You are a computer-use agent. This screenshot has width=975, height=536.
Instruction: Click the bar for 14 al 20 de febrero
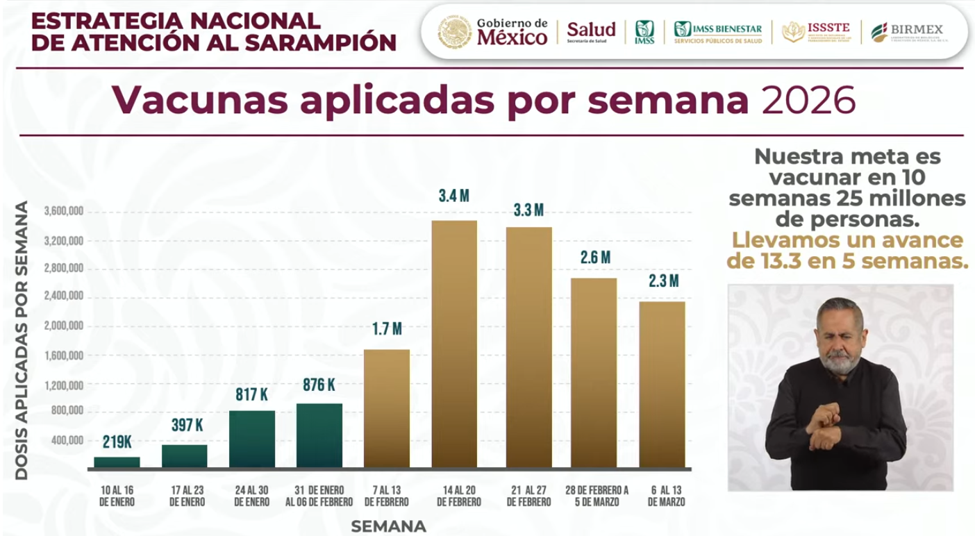click(454, 344)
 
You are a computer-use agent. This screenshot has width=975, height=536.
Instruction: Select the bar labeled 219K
click(117, 462)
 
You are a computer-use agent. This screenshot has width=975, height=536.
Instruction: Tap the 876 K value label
click(319, 385)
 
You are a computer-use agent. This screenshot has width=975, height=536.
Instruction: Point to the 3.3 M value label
click(528, 210)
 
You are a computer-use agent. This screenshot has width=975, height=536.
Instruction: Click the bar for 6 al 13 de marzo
click(662, 384)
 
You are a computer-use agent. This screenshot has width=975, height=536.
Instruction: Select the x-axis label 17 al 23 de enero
click(184, 496)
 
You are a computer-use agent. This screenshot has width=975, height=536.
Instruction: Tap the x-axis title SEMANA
click(388, 526)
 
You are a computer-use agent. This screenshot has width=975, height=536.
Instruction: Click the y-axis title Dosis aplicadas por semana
click(22, 340)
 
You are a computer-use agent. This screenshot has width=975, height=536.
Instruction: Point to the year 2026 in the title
click(808, 101)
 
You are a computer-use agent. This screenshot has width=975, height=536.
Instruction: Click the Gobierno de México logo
click(493, 32)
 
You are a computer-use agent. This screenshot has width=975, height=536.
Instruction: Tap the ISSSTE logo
click(816, 32)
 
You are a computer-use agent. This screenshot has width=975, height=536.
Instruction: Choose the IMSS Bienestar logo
click(718, 32)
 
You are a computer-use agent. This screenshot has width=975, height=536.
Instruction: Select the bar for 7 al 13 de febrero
click(387, 408)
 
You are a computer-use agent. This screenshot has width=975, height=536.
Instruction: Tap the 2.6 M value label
click(596, 258)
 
